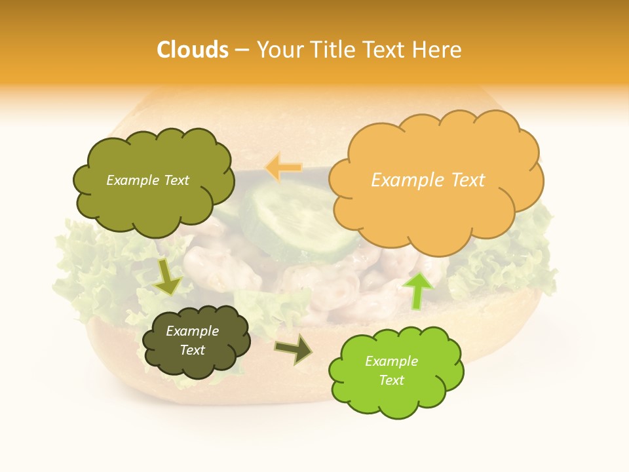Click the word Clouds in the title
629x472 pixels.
(192, 50)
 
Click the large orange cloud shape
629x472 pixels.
(436, 210)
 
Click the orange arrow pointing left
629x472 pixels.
(283, 168)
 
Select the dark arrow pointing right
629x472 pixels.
(294, 349)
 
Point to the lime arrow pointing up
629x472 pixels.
(417, 290)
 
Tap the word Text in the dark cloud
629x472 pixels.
(193, 350)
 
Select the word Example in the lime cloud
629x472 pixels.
(391, 361)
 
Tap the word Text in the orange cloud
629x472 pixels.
(467, 180)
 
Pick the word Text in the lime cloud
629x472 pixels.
(391, 380)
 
